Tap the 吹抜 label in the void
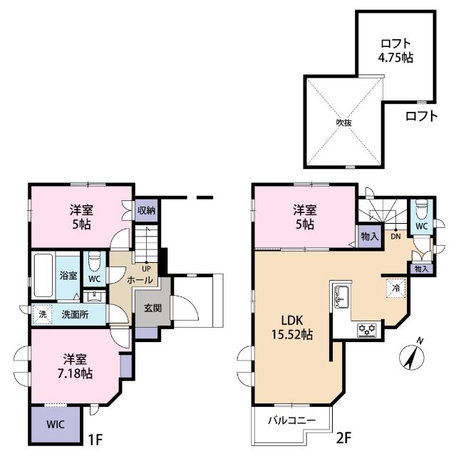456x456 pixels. point(344,122)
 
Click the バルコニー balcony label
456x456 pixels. point(291,420)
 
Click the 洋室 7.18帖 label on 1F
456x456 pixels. point(75,366)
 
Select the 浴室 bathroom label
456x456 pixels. point(68,275)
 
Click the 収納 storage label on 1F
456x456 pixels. point(147,210)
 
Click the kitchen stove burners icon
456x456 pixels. point(367,329)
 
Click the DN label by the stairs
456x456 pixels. point(393,236)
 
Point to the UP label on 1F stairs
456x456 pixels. point(145,269)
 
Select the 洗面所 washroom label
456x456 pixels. point(74,315)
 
